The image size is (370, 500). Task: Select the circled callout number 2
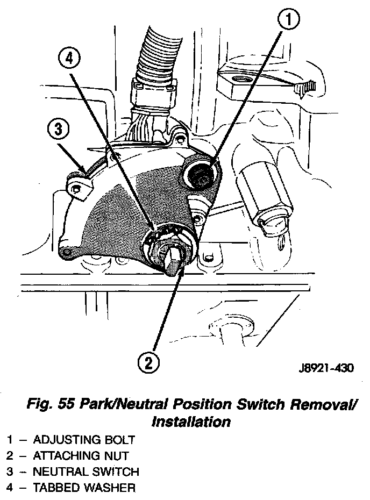(148, 363)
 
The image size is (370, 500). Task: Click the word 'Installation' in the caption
(191, 422)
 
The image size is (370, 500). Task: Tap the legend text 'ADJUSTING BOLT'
(83, 440)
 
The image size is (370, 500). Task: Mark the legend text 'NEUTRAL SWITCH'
(86, 472)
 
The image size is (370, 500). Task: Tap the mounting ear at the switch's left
(80, 187)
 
